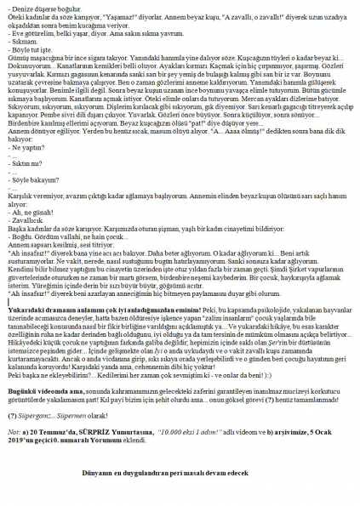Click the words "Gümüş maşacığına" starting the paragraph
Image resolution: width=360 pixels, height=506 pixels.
[30, 57]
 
